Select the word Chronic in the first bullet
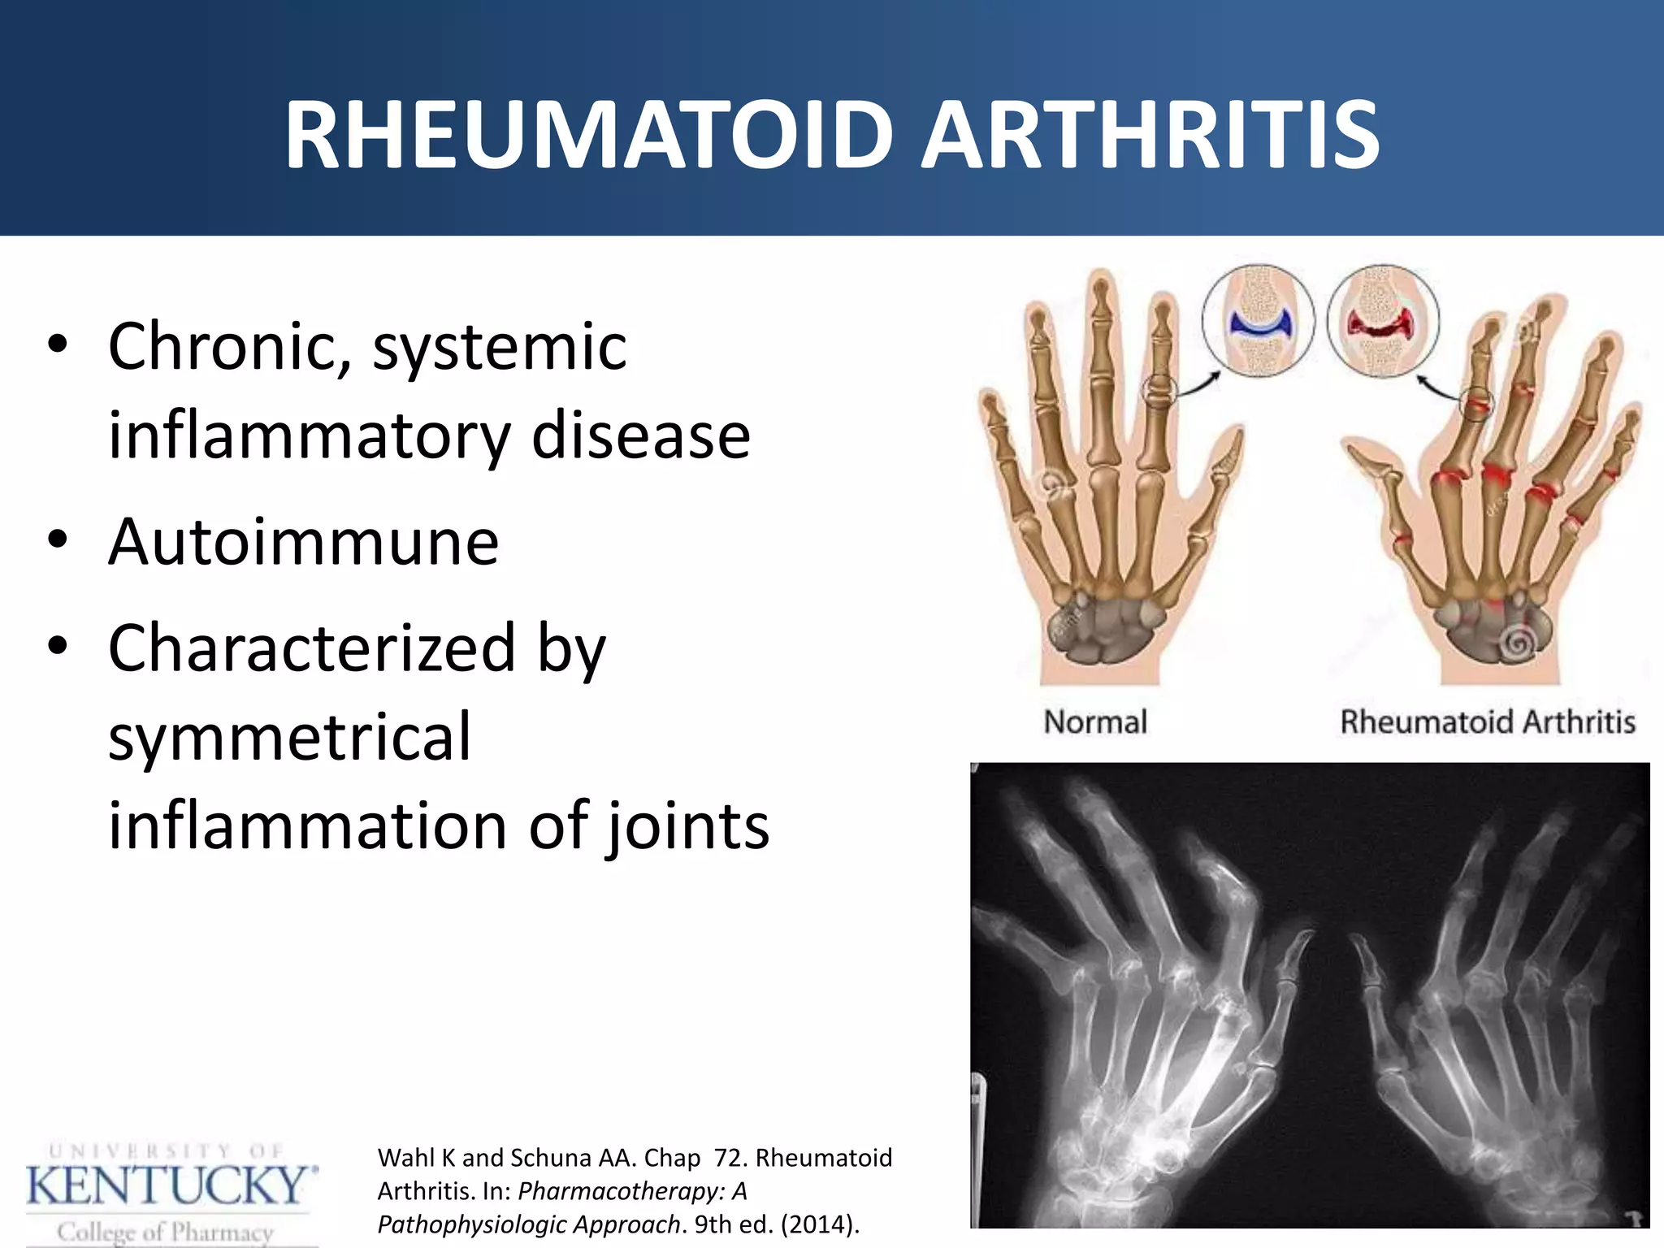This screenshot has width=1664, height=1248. pyautogui.click(x=230, y=347)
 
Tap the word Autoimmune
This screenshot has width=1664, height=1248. pyautogui.click(x=303, y=542)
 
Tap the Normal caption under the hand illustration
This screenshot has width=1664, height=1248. pyautogui.click(x=1094, y=722)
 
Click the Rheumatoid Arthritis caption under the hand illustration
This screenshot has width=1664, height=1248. pyautogui.click(x=1487, y=722)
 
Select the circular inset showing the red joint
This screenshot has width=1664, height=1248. pyautogui.click(x=1383, y=322)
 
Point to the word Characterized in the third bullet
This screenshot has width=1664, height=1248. pyautogui.click(x=312, y=648)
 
